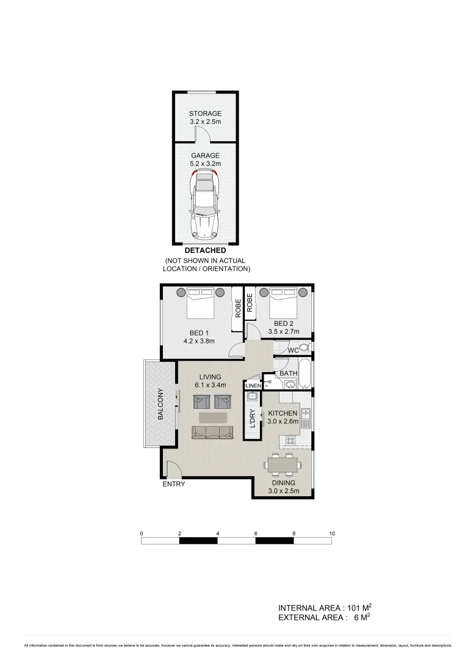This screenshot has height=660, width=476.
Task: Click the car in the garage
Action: point(205,205)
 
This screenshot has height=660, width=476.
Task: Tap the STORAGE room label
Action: point(205,114)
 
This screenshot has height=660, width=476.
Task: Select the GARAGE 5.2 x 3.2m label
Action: point(205,159)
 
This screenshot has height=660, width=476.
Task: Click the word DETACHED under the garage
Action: point(205,250)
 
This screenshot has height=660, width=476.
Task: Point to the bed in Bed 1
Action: point(201,303)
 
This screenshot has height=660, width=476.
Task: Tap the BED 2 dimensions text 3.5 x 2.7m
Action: point(284,332)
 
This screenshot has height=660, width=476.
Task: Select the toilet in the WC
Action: point(306,348)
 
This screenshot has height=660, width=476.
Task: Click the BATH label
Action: point(287,373)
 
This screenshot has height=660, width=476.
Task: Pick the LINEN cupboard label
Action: point(253,386)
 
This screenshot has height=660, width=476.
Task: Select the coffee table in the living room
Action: point(212,417)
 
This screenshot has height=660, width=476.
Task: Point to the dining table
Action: point(283,466)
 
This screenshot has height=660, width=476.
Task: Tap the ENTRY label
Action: point(173,484)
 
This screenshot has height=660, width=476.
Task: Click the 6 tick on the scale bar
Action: point(256,533)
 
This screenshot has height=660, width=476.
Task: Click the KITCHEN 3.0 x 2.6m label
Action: point(283,417)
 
